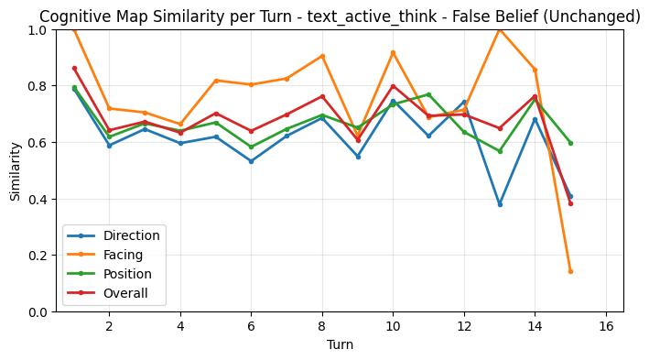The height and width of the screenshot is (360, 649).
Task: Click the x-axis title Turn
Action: point(340,345)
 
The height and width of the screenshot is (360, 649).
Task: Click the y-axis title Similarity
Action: point(16,170)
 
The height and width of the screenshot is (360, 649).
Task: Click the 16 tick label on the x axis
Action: point(606,325)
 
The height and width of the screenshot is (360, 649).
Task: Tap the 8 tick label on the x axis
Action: point(322,325)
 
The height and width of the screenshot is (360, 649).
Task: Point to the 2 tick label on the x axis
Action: point(109,325)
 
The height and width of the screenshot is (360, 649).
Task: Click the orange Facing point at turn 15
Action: point(570,271)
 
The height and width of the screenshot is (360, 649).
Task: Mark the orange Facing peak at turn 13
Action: point(500,29)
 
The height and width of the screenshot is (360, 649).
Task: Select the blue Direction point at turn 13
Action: point(500,204)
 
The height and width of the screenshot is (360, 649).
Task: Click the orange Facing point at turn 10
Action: point(393,53)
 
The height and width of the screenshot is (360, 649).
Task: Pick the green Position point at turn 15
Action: point(570,143)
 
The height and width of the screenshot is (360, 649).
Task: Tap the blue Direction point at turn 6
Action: point(251,161)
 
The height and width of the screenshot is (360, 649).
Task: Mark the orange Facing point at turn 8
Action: point(322,56)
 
